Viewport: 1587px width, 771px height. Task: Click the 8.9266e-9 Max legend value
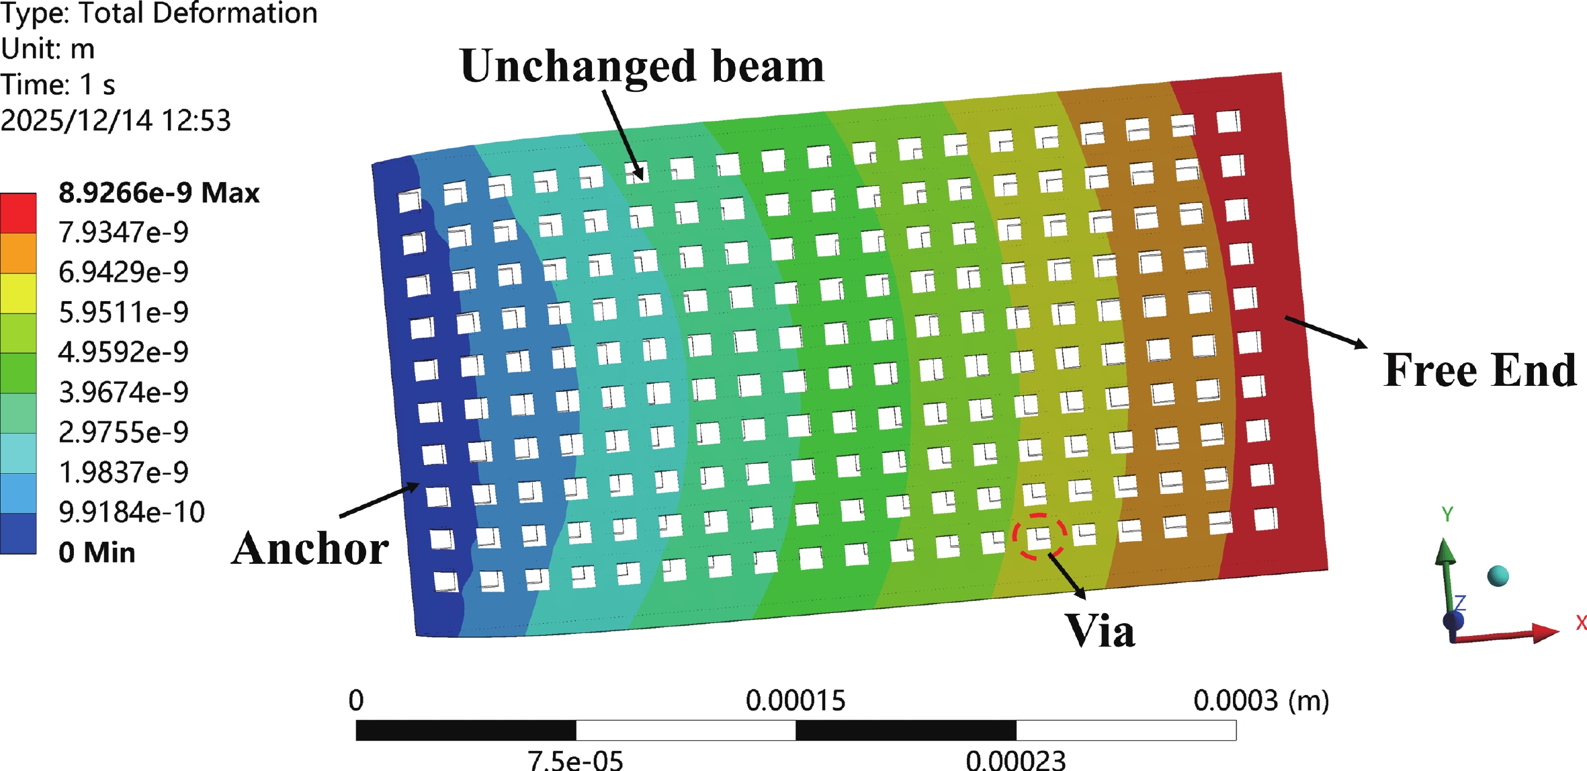coord(159,193)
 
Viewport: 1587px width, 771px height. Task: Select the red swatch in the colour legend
coord(18,213)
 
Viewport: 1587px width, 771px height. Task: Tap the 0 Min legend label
coord(97,553)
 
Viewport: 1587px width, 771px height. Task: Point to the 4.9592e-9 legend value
coord(124,352)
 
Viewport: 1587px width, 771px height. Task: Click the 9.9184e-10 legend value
coord(132,512)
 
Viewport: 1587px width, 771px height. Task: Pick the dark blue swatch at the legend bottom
coord(18,534)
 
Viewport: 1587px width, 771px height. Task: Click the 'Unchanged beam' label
coord(642,67)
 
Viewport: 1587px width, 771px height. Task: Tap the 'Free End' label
coord(1479,370)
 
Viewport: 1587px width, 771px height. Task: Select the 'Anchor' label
coord(310,549)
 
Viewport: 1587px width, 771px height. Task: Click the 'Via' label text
coord(1100,631)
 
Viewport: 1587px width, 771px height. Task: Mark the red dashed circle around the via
coord(1039,536)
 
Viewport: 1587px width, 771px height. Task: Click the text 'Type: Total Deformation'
coord(159,13)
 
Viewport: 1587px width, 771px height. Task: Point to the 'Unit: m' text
coord(48,49)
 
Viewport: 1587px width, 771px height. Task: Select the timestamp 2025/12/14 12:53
coord(116,121)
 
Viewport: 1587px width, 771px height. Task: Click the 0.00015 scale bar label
coord(796,701)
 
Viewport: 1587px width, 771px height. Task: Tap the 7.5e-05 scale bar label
coord(575,760)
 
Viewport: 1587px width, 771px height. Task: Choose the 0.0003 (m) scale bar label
coord(1261,701)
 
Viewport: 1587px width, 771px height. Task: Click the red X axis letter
coord(1581,623)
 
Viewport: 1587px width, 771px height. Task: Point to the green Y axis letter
coord(1447,514)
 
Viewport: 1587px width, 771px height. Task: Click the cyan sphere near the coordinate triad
coord(1498,576)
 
